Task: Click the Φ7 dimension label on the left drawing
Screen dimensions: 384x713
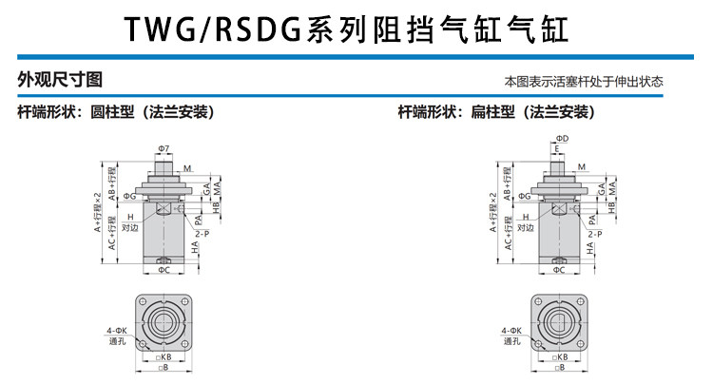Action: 164,149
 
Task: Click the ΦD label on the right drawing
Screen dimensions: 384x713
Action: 563,139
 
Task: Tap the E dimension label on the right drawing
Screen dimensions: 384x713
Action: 556,149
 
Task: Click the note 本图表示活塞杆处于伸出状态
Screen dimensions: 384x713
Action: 584,82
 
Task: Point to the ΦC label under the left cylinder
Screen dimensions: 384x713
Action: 164,270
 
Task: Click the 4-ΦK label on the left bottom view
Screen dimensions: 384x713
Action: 117,330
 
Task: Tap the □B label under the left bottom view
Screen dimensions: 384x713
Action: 164,366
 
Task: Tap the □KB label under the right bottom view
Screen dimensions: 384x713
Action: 559,356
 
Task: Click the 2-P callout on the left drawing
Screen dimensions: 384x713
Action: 202,233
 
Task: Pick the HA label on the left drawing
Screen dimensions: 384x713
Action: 195,247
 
